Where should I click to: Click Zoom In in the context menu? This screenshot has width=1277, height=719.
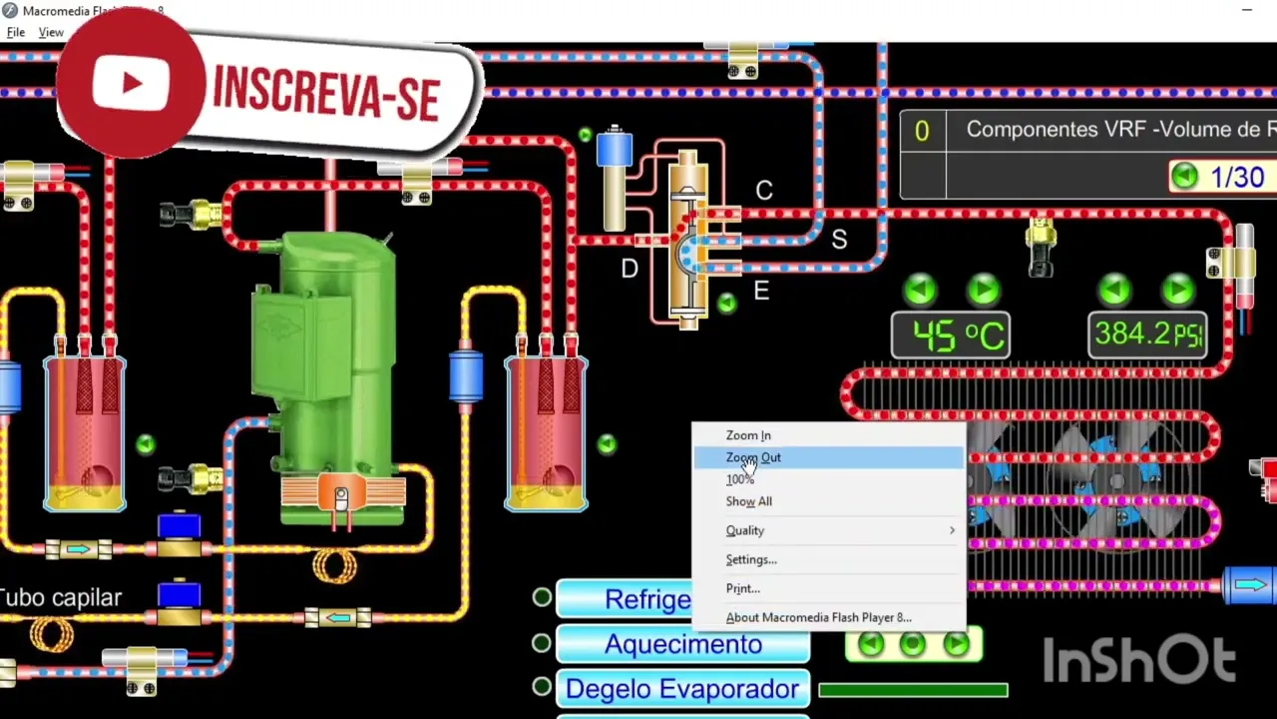tap(748, 435)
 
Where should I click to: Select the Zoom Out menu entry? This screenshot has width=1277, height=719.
tap(753, 457)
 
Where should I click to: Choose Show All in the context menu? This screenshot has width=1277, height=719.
tap(748, 501)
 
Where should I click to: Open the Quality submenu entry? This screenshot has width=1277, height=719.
tap(745, 530)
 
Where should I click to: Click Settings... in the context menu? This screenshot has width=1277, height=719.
tap(750, 559)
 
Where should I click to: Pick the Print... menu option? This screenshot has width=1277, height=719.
tap(742, 588)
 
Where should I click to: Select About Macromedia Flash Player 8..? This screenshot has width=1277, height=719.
tap(818, 617)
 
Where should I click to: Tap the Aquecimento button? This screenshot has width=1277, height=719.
tap(682, 644)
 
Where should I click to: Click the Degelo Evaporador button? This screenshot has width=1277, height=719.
tap(682, 689)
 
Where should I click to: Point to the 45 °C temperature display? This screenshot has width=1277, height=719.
tap(950, 336)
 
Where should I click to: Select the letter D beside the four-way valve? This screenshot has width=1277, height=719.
tap(630, 269)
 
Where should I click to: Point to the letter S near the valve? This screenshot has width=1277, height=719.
tap(839, 240)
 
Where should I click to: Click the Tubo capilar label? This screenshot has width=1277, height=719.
tap(62, 597)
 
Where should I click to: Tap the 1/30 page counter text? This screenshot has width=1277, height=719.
tap(1237, 178)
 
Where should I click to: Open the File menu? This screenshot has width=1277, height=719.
tap(16, 33)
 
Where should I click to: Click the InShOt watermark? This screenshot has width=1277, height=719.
tap(1139, 660)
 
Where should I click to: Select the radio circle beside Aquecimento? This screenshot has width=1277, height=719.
tap(542, 642)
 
